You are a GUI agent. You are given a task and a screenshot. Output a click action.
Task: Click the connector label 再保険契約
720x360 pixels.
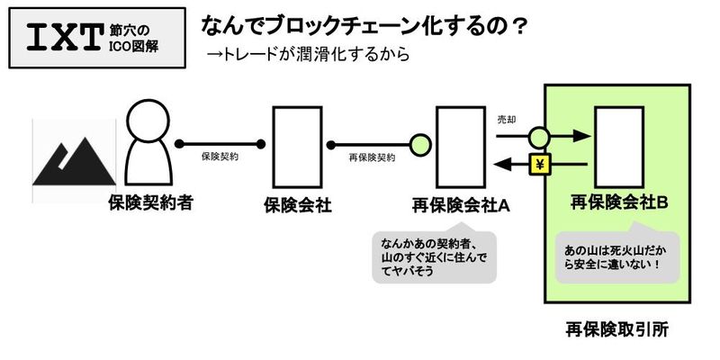(372, 157)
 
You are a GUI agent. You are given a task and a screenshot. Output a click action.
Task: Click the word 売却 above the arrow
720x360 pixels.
(508, 121)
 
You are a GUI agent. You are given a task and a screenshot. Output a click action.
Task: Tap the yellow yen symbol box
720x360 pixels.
(539, 164)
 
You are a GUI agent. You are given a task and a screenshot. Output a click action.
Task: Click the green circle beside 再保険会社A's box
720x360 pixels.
(419, 143)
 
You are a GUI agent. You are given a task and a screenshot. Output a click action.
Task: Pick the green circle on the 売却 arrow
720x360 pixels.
(537, 138)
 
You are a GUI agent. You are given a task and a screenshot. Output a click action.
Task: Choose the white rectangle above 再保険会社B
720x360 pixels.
(616, 146)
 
